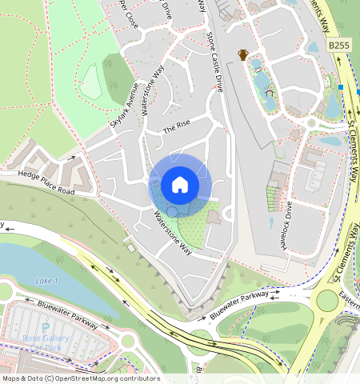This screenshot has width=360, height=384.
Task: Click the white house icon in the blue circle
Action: click(x=180, y=186)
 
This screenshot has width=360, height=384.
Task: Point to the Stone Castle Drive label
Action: click(x=214, y=61)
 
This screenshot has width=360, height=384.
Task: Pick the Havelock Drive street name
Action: click(x=286, y=226)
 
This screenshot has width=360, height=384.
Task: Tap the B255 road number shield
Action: click(x=339, y=47)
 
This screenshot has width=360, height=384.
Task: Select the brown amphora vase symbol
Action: click(x=242, y=54)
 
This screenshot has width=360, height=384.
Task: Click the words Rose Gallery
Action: click(x=44, y=338)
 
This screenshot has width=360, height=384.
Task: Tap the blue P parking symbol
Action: click(x=46, y=327)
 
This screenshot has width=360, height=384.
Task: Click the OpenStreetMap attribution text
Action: click(x=80, y=378)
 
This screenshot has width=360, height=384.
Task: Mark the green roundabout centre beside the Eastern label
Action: click(x=327, y=301)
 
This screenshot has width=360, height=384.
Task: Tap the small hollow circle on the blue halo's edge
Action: click(x=171, y=211)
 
